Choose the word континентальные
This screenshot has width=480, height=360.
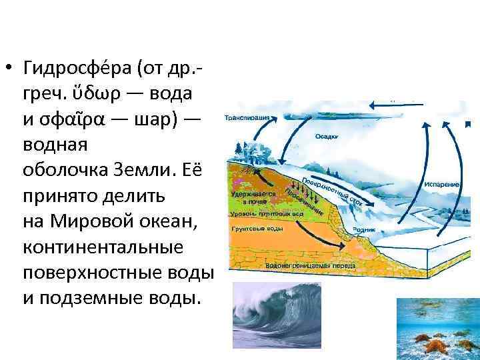pyautogui.click(x=103, y=247)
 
